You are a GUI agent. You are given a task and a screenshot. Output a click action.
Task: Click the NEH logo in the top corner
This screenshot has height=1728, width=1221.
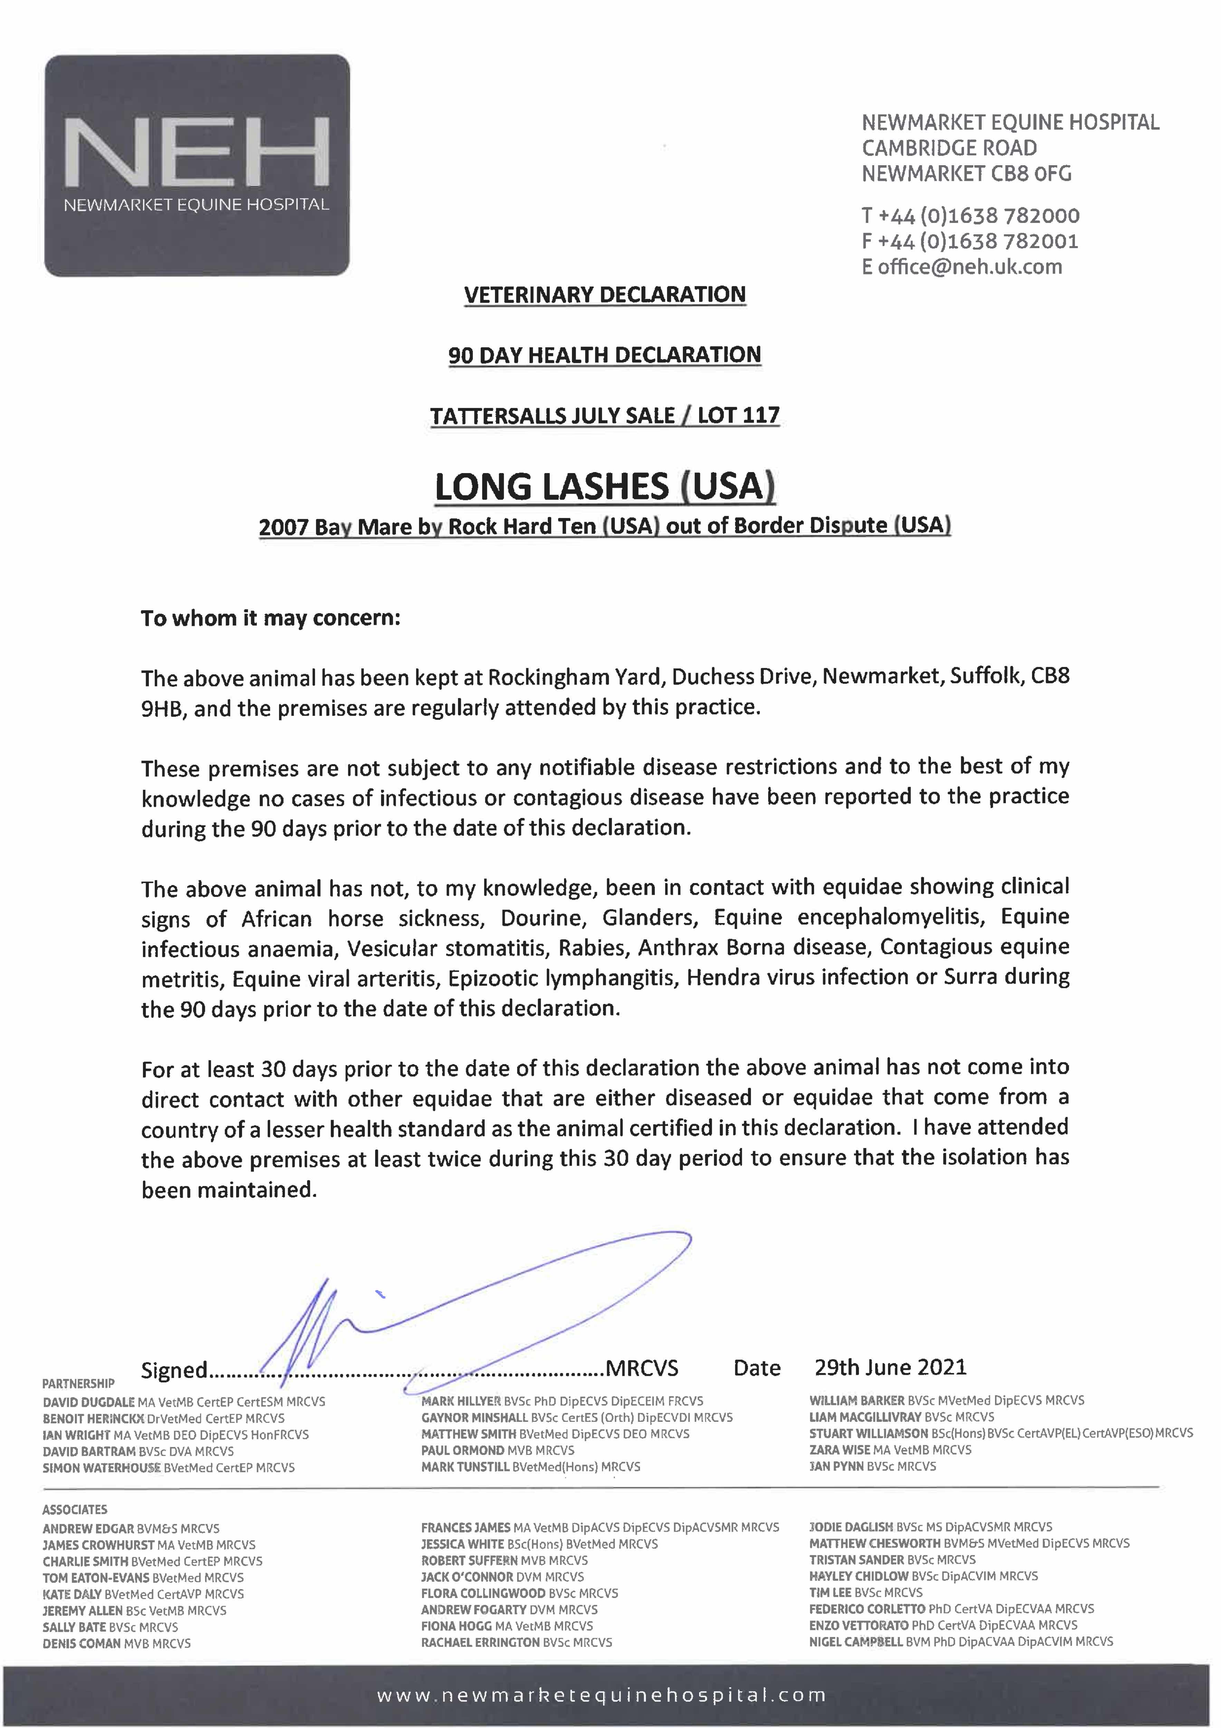pos(197,164)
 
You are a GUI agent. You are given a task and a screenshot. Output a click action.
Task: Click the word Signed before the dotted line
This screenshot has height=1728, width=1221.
pos(174,1370)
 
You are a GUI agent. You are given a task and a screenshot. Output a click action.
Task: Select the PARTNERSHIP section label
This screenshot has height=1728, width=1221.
pos(78,1383)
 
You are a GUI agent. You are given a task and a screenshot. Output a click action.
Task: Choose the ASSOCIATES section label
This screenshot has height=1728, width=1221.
pos(75,1509)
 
